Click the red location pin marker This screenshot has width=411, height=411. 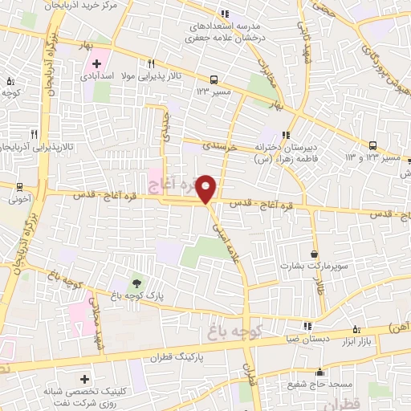click(207, 189)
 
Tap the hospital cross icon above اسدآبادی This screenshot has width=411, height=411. click(97, 63)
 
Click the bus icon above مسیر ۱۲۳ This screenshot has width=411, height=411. click(214, 79)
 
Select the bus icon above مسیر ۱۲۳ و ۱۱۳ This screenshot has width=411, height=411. click(373, 145)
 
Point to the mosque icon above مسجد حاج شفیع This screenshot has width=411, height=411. click(320, 372)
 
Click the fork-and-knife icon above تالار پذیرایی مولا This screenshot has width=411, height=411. click(150, 63)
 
